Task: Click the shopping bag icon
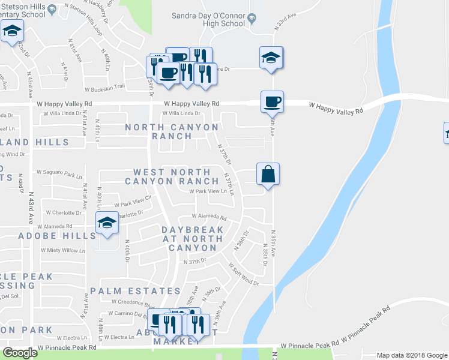pyautogui.click(x=268, y=174)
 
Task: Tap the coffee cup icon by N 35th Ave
pyautogui.click(x=272, y=101)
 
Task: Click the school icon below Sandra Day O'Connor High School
pyautogui.click(x=271, y=58)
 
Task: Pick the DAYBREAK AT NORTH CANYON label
pyautogui.click(x=192, y=238)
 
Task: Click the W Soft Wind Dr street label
pyautogui.click(x=243, y=274)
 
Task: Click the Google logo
pyautogui.click(x=20, y=353)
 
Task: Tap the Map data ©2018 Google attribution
pyautogui.click(x=411, y=355)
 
